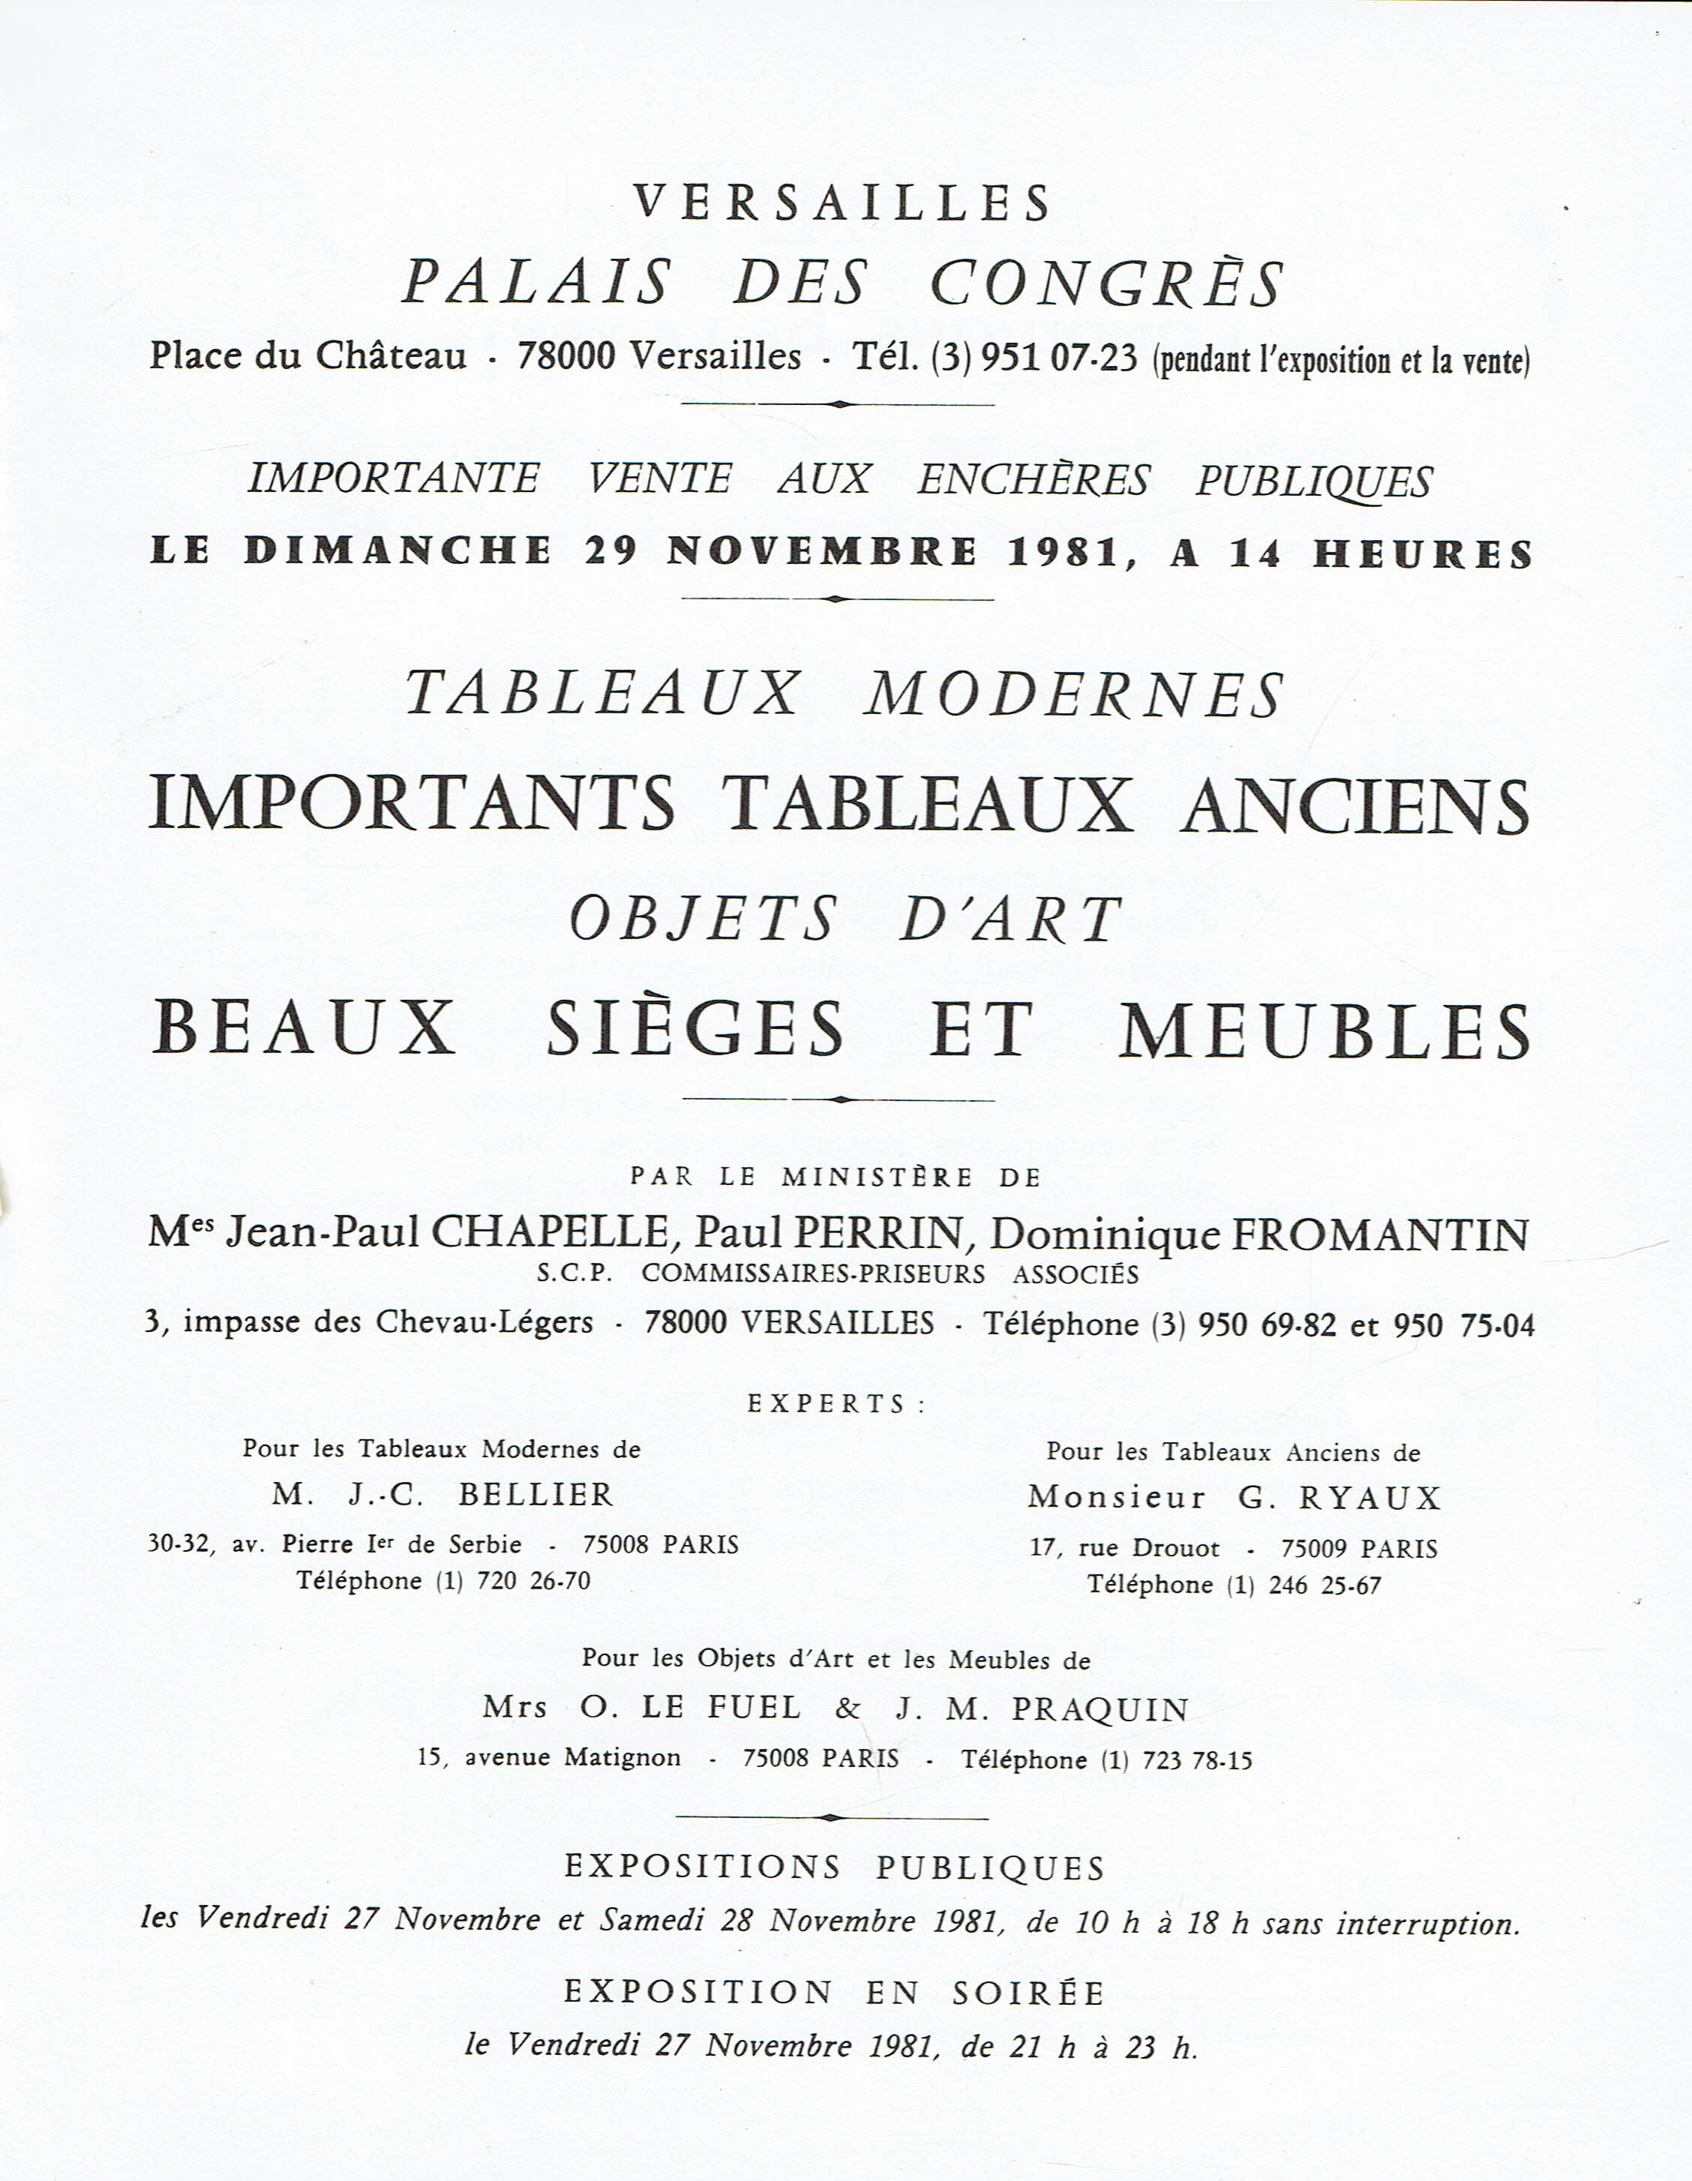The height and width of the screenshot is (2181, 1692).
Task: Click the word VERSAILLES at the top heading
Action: [843, 202]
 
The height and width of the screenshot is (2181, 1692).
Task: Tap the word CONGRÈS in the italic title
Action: [1107, 283]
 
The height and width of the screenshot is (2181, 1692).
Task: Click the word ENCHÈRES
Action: [1033, 480]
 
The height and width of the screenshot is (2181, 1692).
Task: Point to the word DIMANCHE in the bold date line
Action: [397, 552]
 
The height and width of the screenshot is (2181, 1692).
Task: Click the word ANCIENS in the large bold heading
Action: [1354, 806]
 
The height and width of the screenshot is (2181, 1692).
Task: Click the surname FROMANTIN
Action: [1379, 1235]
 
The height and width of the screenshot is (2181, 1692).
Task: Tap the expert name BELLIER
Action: [535, 1495]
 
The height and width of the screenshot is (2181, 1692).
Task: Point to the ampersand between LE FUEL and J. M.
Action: [847, 1708]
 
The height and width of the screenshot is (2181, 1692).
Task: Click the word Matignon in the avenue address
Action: [622, 1757]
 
